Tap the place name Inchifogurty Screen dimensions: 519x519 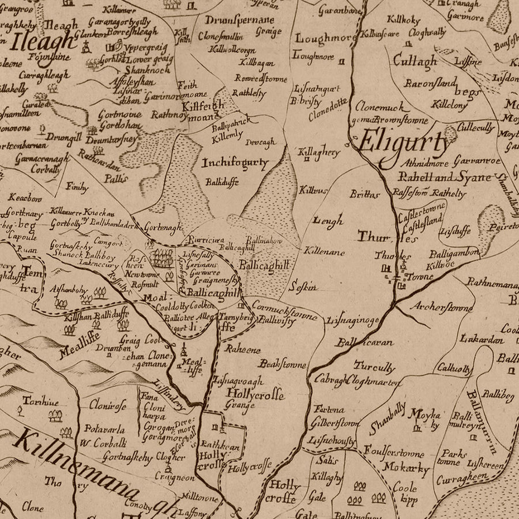pos(235,163)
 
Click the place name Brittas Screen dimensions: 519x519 pos(364,194)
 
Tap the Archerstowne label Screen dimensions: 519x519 pos(441,307)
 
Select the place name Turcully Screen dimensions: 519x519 pos(374,367)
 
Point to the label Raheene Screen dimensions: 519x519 pos(243,349)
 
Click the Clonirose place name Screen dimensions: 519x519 pos(108,405)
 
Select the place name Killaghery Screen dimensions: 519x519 pos(319,152)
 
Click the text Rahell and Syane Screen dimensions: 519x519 pos(445,177)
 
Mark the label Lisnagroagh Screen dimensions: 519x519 pos(238,381)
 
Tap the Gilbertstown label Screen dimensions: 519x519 pos(334,423)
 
